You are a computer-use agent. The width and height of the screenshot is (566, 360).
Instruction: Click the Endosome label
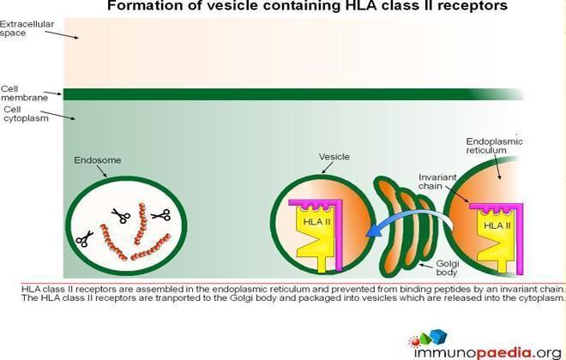pyautogui.click(x=98, y=160)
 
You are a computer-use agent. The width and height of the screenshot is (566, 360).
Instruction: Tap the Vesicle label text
pyautogui.click(x=334, y=157)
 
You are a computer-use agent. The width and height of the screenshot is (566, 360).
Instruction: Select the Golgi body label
pyautogui.click(x=448, y=268)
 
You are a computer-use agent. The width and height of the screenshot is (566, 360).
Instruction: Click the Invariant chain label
pyautogui.click(x=437, y=182)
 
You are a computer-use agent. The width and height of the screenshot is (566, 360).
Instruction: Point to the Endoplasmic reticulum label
pyautogui.click(x=494, y=146)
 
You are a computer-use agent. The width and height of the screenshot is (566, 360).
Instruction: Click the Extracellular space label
pyautogui.click(x=27, y=28)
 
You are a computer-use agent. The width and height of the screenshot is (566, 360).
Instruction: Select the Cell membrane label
pyautogui.click(x=24, y=93)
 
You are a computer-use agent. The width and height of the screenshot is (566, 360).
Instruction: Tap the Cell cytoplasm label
pyautogui.click(x=26, y=114)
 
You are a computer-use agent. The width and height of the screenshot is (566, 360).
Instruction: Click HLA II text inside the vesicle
pyautogui.click(x=316, y=221)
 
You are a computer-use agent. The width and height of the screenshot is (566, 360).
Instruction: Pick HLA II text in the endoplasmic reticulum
pyautogui.click(x=497, y=225)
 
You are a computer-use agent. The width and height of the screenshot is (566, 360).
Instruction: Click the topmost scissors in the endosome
pyautogui.click(x=121, y=215)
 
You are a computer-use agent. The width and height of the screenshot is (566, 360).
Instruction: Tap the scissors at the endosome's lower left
pyautogui.click(x=84, y=239)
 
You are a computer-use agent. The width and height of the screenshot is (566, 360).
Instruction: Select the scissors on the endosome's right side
pyautogui.click(x=161, y=215)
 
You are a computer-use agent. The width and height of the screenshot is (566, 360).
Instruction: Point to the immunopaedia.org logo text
pyautogui.click(x=488, y=352)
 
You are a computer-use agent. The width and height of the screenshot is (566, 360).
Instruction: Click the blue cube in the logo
pyautogui.click(x=438, y=336)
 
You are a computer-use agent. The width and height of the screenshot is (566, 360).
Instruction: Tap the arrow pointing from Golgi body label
pyautogui.click(x=426, y=266)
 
